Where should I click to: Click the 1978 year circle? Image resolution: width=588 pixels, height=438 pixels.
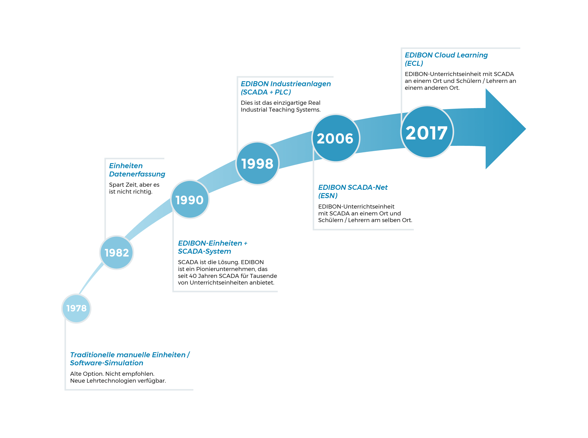[76, 308]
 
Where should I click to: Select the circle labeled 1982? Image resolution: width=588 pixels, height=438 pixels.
[117, 252]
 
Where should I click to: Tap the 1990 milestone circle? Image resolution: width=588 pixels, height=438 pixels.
[190, 199]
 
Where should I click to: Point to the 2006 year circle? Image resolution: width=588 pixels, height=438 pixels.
[336, 138]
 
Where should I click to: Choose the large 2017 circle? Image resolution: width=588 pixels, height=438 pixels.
[427, 132]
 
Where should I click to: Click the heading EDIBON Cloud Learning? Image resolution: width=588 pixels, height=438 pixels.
[446, 55]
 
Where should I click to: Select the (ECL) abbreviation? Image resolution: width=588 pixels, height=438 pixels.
[414, 63]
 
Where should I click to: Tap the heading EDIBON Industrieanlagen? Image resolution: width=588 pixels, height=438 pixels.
[286, 84]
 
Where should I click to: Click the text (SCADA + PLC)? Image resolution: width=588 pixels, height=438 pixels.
[266, 92]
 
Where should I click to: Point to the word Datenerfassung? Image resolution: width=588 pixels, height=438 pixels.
[137, 174]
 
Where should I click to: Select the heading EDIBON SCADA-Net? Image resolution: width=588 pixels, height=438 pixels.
[353, 187]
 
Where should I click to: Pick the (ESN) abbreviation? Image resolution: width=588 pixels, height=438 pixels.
[328, 196]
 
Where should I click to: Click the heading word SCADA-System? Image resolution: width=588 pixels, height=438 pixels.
[205, 251]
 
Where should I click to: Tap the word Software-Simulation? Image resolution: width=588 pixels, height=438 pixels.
[107, 363]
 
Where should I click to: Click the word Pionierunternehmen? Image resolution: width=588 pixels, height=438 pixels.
[226, 269]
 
